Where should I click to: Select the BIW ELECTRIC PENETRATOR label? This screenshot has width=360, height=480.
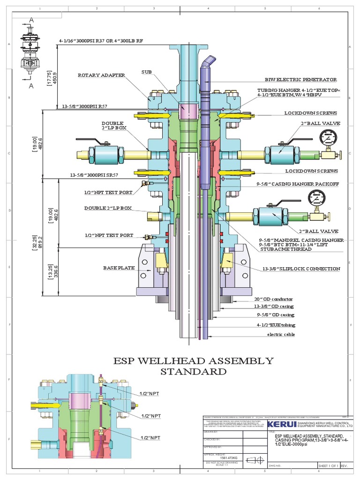(300, 80)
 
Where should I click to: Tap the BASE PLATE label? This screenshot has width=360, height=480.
(119, 268)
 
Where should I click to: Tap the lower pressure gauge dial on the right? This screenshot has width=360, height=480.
(316, 198)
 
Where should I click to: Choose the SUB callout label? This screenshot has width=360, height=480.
(146, 72)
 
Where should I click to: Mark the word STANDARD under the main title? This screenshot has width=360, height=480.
(194, 372)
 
